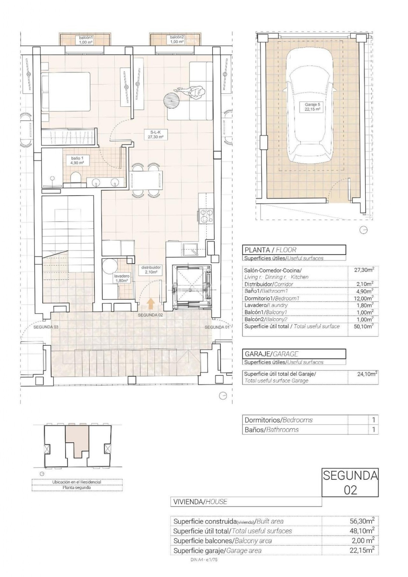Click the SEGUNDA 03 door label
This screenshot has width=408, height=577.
(x=46, y=327)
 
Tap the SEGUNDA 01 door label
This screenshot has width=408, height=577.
(x=217, y=327)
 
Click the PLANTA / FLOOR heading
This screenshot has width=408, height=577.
(x=270, y=250)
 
